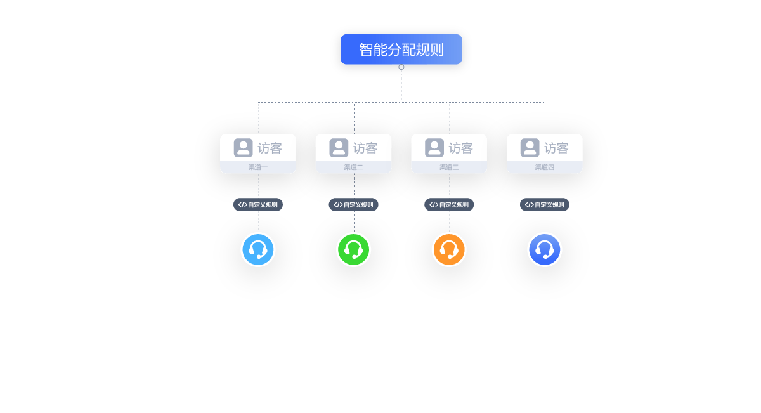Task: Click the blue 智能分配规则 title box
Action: coord(401,49)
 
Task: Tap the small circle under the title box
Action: coord(401,67)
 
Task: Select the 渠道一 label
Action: coord(258,167)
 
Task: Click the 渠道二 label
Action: coord(353,167)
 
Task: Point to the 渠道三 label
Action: coord(449,167)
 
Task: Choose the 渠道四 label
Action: coord(545,167)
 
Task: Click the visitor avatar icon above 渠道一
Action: coord(244,148)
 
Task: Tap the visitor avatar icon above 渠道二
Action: coord(339,148)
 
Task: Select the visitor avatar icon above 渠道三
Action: coord(434,148)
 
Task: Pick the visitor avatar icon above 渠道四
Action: coord(530,148)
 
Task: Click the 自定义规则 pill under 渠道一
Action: coord(258,205)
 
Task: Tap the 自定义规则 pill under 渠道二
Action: coord(353,205)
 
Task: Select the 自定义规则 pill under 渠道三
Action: coord(449,205)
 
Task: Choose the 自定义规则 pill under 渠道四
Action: coord(545,205)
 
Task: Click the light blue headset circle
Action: coord(258,249)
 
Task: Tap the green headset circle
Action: coord(353,249)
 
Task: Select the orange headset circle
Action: coord(449,249)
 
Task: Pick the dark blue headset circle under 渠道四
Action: coord(545,249)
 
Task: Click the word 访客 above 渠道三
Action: coord(460,148)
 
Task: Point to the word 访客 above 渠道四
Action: coord(557,148)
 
